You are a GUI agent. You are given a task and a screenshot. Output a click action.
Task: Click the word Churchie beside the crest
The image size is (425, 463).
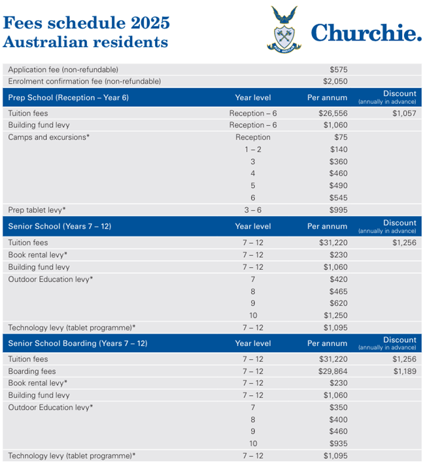tap(365, 33)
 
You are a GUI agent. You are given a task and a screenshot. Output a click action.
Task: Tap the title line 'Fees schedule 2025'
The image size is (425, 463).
tap(86, 22)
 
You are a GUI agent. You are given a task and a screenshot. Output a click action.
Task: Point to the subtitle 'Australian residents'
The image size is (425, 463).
tap(85, 42)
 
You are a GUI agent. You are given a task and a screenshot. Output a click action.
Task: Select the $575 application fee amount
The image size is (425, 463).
tap(339, 69)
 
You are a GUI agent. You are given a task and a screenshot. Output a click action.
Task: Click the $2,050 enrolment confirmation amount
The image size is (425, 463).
tap(335, 82)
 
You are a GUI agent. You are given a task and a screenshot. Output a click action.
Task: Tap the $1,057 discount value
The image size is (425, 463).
tap(404, 113)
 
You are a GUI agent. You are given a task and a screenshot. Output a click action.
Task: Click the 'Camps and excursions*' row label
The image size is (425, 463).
tap(48, 137)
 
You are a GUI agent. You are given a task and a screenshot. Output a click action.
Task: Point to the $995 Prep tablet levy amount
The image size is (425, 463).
tap(339, 210)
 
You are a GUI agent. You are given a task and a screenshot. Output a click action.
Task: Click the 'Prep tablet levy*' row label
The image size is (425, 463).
tap(37, 210)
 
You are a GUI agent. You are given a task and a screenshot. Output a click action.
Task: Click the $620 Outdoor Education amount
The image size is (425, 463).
tap(339, 303)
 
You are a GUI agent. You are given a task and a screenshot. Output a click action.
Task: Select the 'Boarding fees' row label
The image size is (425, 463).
tap(31, 371)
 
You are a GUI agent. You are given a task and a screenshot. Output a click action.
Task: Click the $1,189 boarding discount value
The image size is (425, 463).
tap(404, 371)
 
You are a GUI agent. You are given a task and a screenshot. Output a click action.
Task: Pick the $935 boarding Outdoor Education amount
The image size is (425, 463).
tap(339, 443)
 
